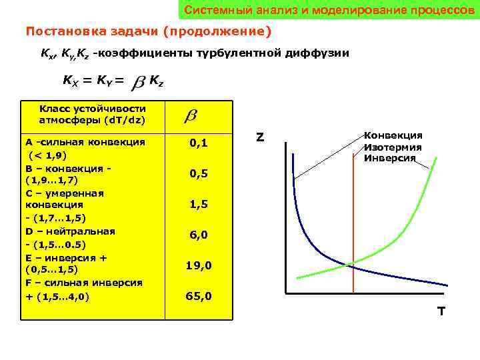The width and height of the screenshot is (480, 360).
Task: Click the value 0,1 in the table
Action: click(199, 143)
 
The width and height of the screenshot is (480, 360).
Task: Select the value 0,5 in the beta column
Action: click(199, 173)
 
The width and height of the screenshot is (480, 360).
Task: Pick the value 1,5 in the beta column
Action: click(199, 205)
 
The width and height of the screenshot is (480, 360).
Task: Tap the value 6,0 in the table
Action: click(199, 235)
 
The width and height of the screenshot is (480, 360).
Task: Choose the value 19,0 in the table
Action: click(199, 265)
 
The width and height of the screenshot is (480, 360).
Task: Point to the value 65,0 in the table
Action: click(199, 296)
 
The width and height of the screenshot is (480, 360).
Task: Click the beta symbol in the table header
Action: click(190, 116)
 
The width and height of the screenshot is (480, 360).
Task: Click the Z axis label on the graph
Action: click(260, 138)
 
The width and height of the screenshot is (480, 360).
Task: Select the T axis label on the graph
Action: click(441, 311)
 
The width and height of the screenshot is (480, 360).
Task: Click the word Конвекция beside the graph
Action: click(393, 135)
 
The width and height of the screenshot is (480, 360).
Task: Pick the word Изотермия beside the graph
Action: click(393, 147)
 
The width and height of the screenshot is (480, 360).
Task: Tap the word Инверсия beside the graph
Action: click(390, 158)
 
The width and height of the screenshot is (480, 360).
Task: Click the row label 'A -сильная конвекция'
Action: click(85, 142)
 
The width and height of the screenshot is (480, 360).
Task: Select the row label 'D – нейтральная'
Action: click(70, 231)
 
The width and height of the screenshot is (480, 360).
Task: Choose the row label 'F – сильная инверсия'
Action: click(83, 283)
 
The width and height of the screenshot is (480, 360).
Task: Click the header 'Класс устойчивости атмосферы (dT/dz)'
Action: click(92, 115)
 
